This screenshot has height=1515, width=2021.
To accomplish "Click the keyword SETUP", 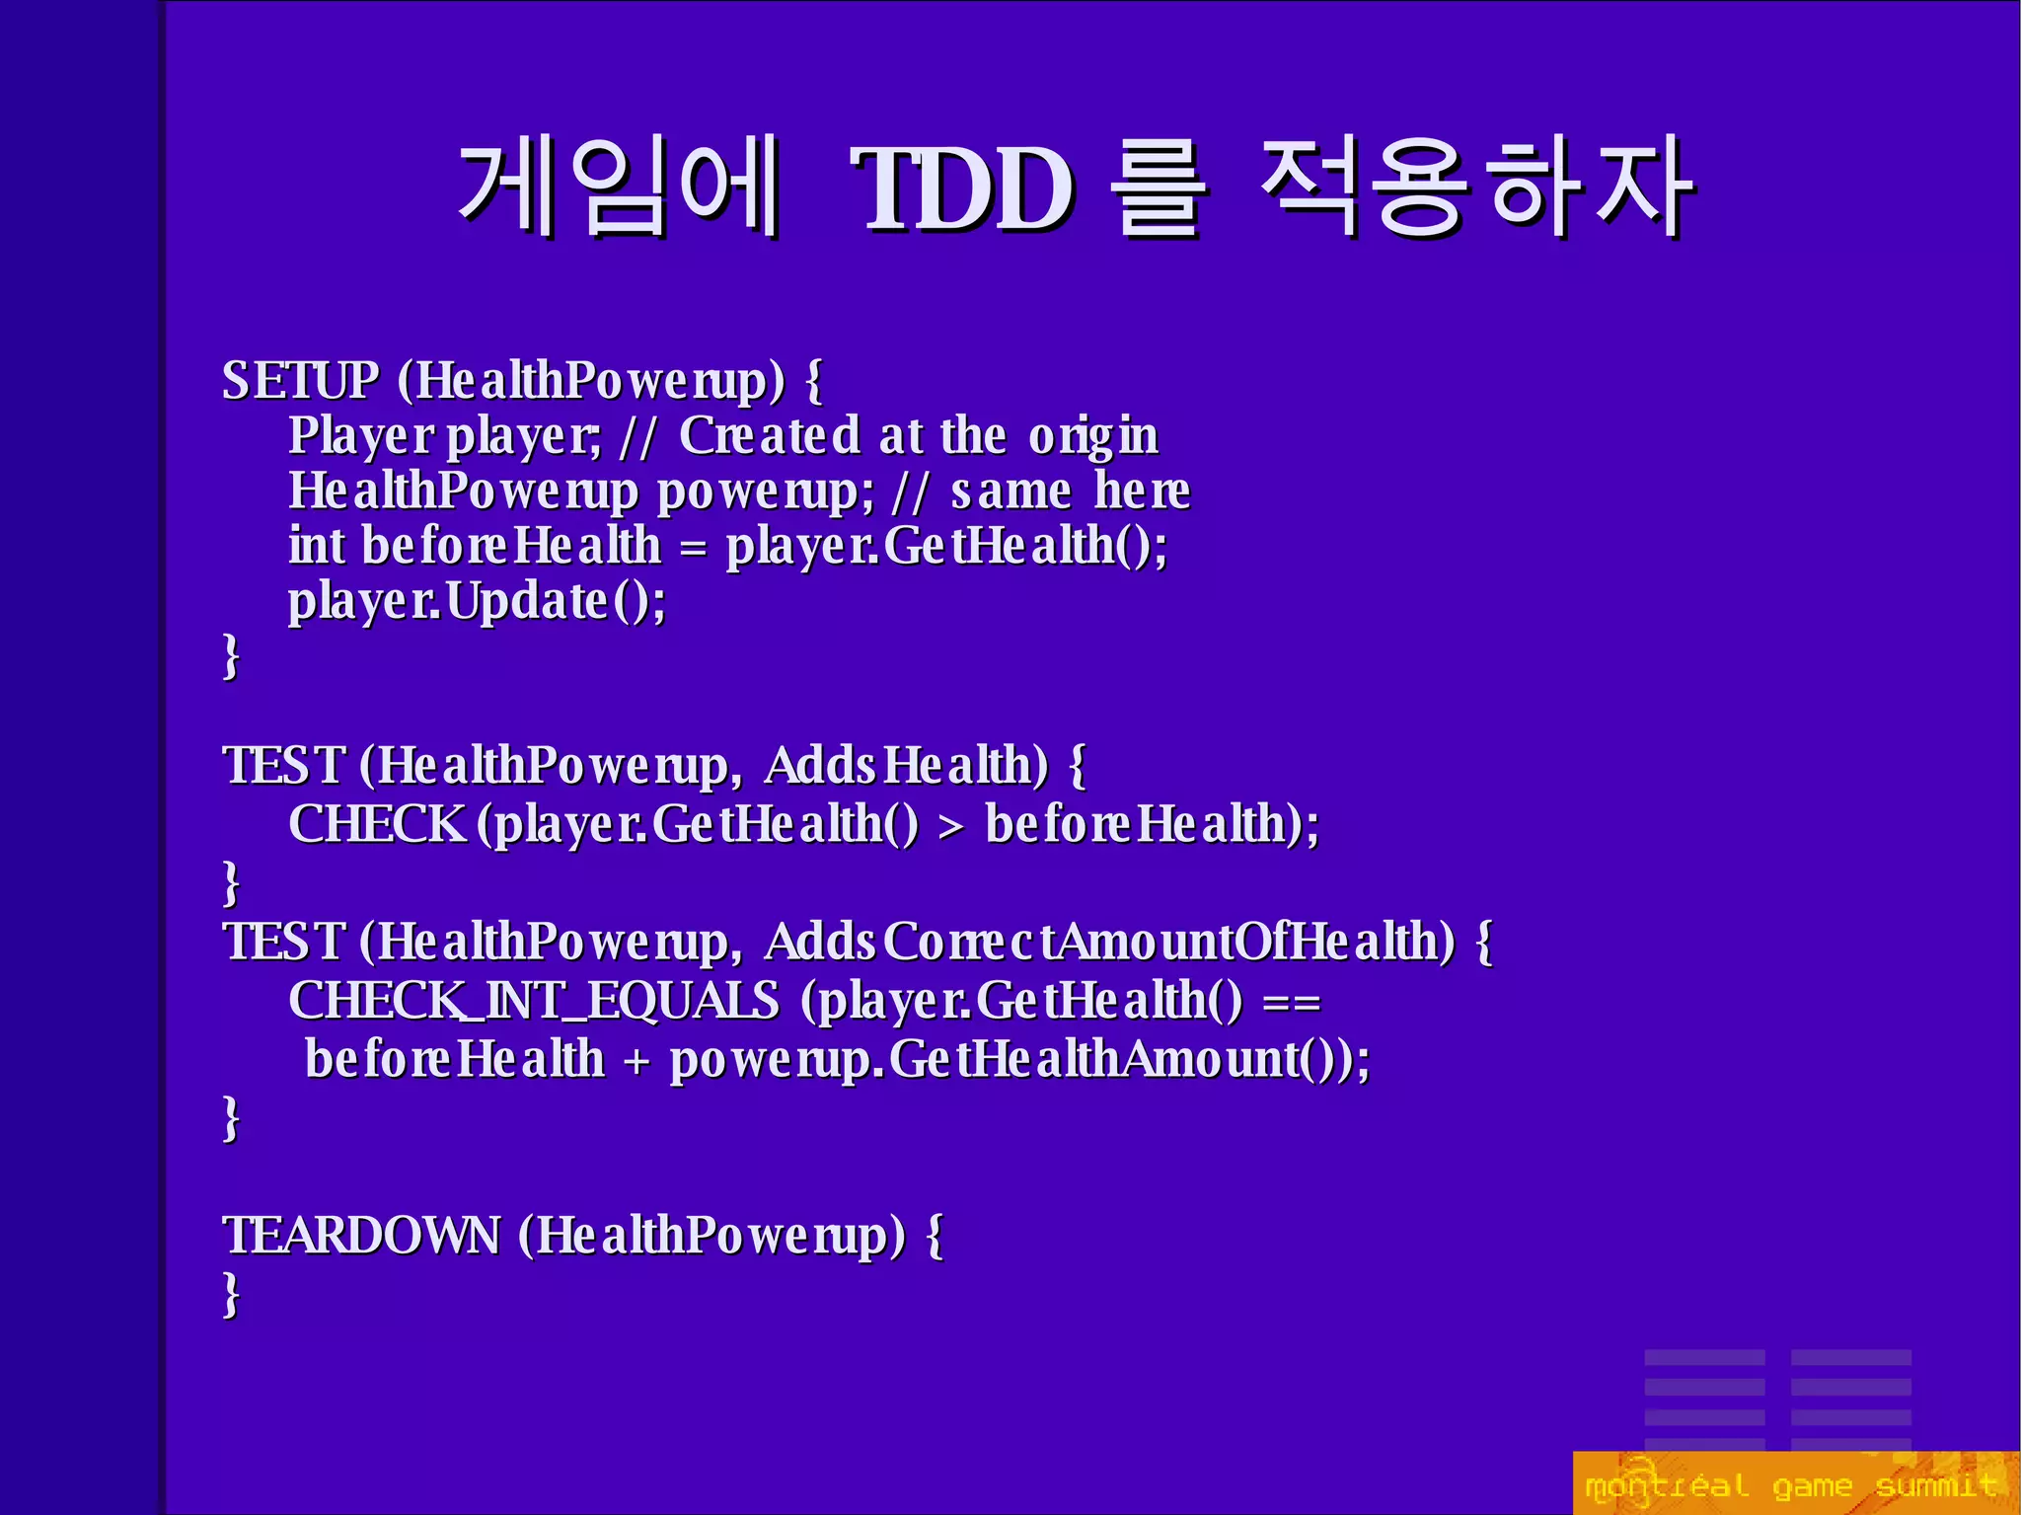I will point(300,381).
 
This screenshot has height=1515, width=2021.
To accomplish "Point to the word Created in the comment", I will point(770,436).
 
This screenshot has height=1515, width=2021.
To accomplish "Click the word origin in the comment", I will point(1092,436).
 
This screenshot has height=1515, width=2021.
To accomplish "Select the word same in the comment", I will point(1010,492).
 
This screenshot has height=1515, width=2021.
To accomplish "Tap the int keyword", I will point(316,546).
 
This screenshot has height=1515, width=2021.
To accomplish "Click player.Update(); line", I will point(477,602).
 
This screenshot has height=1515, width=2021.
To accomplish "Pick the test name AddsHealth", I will point(906,766).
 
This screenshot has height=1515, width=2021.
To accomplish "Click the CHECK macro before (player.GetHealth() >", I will point(376,824).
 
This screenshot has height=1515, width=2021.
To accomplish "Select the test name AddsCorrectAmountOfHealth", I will point(1109,942).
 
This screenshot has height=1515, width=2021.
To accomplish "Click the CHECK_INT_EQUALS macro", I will point(533,1001).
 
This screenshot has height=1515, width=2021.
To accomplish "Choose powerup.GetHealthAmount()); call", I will point(1019,1060).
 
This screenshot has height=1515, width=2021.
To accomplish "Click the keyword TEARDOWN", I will point(361,1236).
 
